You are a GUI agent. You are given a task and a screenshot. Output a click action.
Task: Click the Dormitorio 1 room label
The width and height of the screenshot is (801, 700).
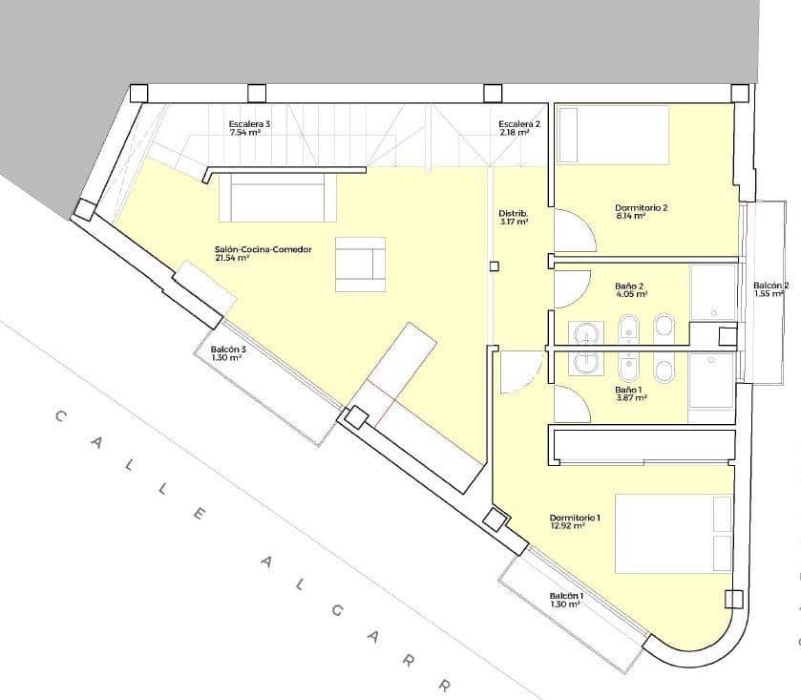[x=575, y=517]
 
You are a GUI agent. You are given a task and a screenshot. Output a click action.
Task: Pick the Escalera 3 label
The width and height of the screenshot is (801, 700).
[x=249, y=124]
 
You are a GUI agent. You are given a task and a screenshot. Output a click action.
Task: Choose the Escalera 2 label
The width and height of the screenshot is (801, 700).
[x=519, y=124]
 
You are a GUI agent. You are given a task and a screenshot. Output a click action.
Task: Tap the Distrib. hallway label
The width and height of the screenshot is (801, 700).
[x=513, y=213]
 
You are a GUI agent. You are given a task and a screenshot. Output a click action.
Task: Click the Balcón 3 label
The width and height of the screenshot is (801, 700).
[x=228, y=350]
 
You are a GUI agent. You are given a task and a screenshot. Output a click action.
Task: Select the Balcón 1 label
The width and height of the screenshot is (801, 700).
[x=566, y=596]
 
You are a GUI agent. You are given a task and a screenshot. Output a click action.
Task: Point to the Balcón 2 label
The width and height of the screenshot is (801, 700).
[x=770, y=286]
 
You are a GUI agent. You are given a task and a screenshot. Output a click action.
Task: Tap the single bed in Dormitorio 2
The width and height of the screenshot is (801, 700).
[x=612, y=135]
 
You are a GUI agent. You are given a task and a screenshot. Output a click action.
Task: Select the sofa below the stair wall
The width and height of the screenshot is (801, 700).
[x=277, y=198]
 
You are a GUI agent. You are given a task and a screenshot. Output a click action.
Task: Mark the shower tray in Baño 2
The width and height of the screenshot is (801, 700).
[x=712, y=292]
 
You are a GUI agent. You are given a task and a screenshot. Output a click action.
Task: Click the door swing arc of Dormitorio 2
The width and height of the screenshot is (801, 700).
[x=573, y=232]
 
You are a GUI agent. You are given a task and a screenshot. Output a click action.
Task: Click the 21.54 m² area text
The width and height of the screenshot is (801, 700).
[x=232, y=258]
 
